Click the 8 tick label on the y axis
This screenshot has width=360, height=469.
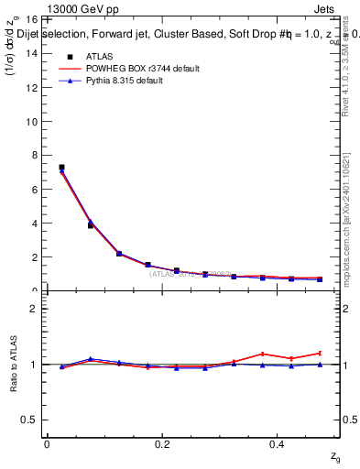pyautogui.click(x=31, y=155)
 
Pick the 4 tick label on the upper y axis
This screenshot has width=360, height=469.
pyautogui.click(x=31, y=223)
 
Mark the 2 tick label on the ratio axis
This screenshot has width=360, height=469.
pyautogui.click(x=31, y=309)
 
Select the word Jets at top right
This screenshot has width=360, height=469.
pyautogui.click(x=324, y=9)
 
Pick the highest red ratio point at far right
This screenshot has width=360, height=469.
pyautogui.click(x=320, y=353)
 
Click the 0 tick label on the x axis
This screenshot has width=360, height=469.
pyautogui.click(x=47, y=444)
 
